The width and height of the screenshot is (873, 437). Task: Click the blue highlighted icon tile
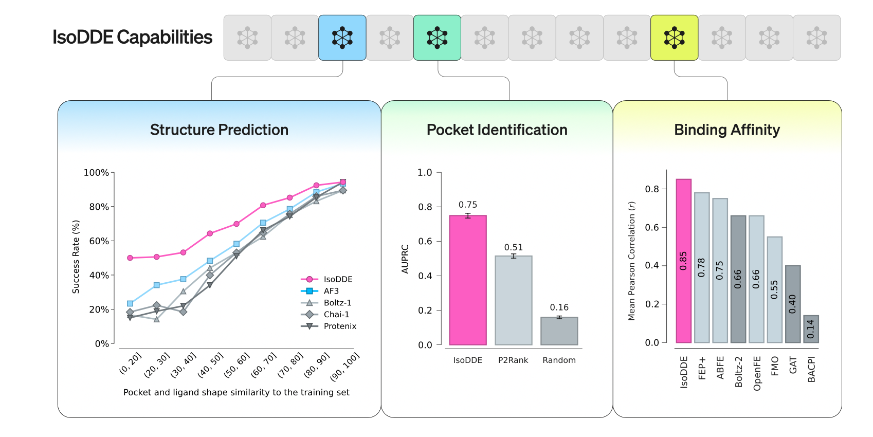point(342,38)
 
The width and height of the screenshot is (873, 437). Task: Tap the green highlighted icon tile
point(437,38)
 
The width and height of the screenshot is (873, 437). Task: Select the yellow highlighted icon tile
point(674,38)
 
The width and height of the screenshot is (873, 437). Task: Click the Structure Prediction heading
point(219,130)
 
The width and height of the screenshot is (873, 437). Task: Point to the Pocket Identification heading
point(497,130)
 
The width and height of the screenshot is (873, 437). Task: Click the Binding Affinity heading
point(726,130)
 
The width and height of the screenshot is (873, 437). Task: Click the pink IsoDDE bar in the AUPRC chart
point(468,280)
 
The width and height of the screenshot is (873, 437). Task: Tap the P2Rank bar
point(513,300)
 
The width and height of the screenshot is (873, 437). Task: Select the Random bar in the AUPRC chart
point(559,331)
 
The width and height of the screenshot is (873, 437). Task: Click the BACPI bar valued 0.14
point(811,329)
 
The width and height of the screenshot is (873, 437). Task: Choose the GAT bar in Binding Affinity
point(793,304)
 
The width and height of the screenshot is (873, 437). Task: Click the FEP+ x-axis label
point(702,368)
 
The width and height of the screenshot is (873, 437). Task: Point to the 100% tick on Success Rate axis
point(96,173)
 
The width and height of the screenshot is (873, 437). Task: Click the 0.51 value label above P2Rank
point(513,247)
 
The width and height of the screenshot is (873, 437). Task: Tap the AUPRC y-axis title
point(405,259)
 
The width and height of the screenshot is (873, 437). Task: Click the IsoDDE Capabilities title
point(132,38)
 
